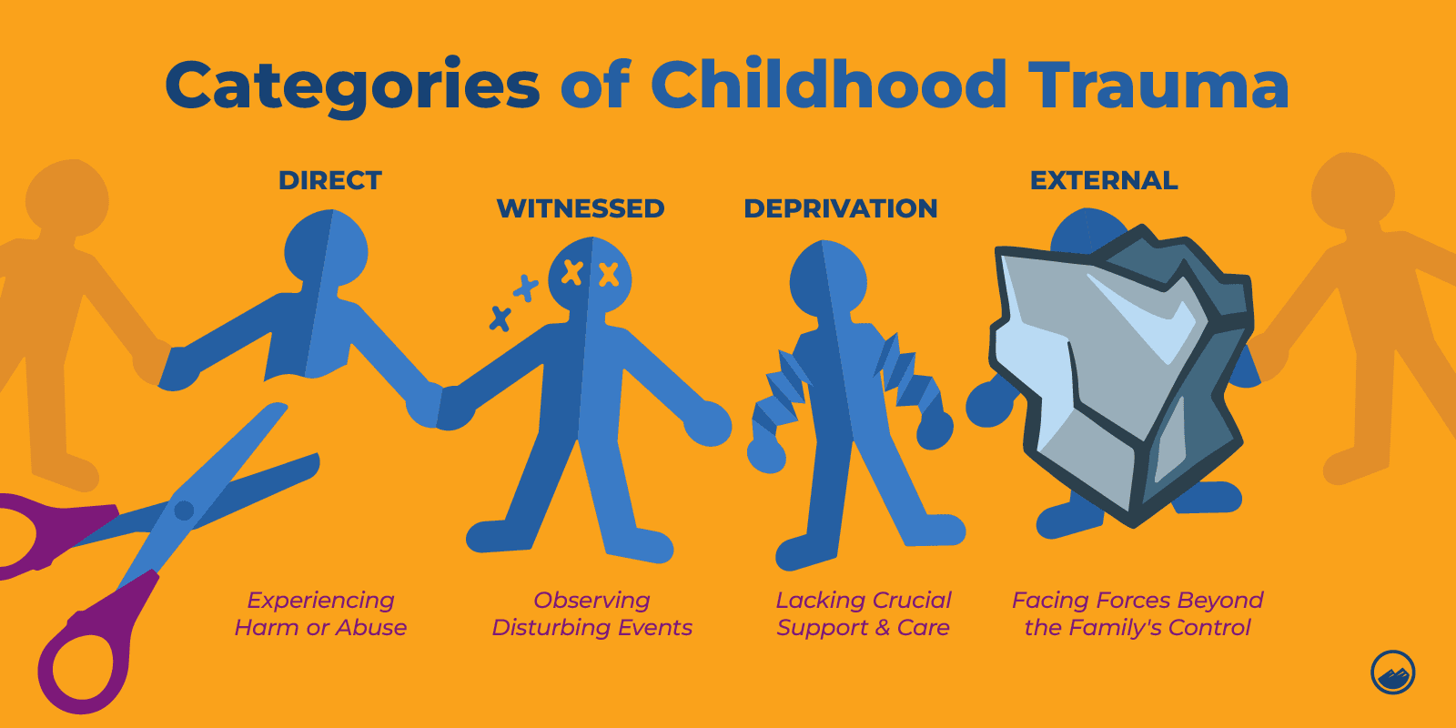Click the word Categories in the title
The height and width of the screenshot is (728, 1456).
352,86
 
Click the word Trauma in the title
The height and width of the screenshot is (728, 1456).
1158,86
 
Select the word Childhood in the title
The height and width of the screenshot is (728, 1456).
828,86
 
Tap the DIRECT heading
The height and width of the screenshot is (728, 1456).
330,180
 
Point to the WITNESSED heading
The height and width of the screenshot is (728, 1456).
581,208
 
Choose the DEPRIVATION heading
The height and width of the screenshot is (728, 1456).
841,208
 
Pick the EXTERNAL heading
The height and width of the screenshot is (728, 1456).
1104,180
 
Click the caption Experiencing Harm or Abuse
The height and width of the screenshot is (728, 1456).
320,614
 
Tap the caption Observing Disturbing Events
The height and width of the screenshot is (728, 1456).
591,614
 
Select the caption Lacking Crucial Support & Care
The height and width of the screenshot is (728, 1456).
863,614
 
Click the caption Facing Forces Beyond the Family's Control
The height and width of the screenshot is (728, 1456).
1137,614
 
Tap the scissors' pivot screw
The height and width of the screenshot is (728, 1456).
184,510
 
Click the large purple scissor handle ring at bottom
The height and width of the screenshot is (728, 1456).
86,664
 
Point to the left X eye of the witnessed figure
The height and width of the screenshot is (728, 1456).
571,271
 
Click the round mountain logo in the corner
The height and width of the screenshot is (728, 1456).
1392,673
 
